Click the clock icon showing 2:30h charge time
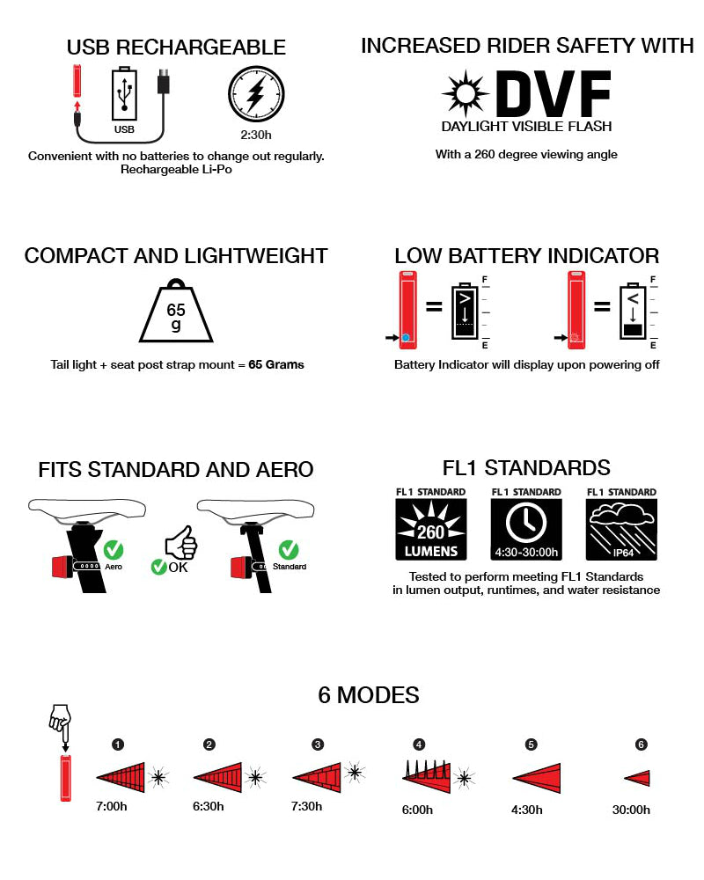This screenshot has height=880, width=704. [256, 95]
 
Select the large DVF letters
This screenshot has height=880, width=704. [553, 94]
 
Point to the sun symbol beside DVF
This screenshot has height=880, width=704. [464, 93]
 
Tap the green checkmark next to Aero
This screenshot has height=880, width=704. [114, 551]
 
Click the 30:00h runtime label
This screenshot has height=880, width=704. [631, 810]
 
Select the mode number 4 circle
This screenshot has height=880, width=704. [419, 744]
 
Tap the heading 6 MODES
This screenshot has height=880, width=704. [368, 695]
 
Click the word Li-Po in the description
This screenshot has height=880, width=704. [216, 169]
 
